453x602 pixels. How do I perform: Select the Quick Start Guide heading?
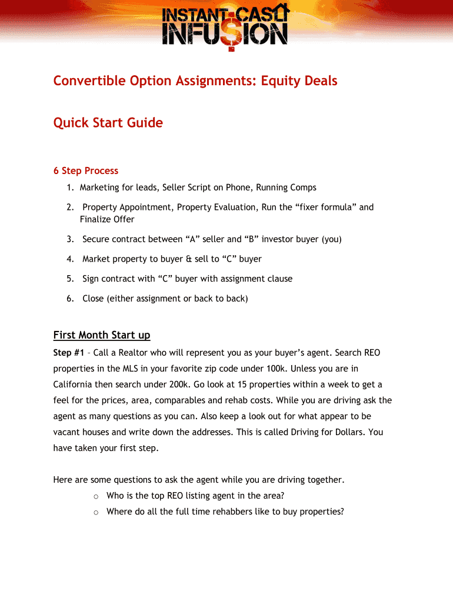tap(108, 123)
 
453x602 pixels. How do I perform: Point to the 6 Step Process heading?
tap(86, 171)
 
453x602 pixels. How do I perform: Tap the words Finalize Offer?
tap(107, 219)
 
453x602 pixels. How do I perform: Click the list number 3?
tap(69, 239)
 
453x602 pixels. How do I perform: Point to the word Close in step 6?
tap(93, 299)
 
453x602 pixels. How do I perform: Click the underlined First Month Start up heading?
tap(102, 335)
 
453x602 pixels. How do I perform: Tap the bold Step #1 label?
tap(68, 353)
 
